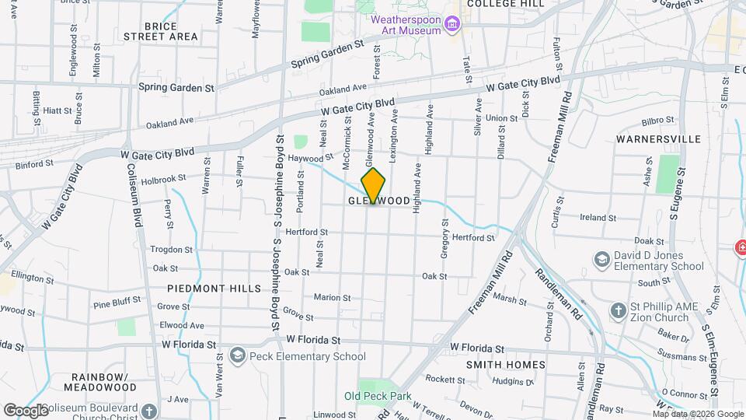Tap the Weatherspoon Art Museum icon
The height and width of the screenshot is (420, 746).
pos(450,25)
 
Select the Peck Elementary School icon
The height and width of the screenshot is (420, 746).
pos(237,356)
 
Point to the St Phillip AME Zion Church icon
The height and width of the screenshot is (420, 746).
pos(618,310)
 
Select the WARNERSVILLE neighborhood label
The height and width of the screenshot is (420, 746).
pos(653,139)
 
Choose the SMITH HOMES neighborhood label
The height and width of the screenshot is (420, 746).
pos(501,363)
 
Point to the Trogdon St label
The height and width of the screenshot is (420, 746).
pos(171,250)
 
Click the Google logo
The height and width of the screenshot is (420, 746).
pos(26,410)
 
